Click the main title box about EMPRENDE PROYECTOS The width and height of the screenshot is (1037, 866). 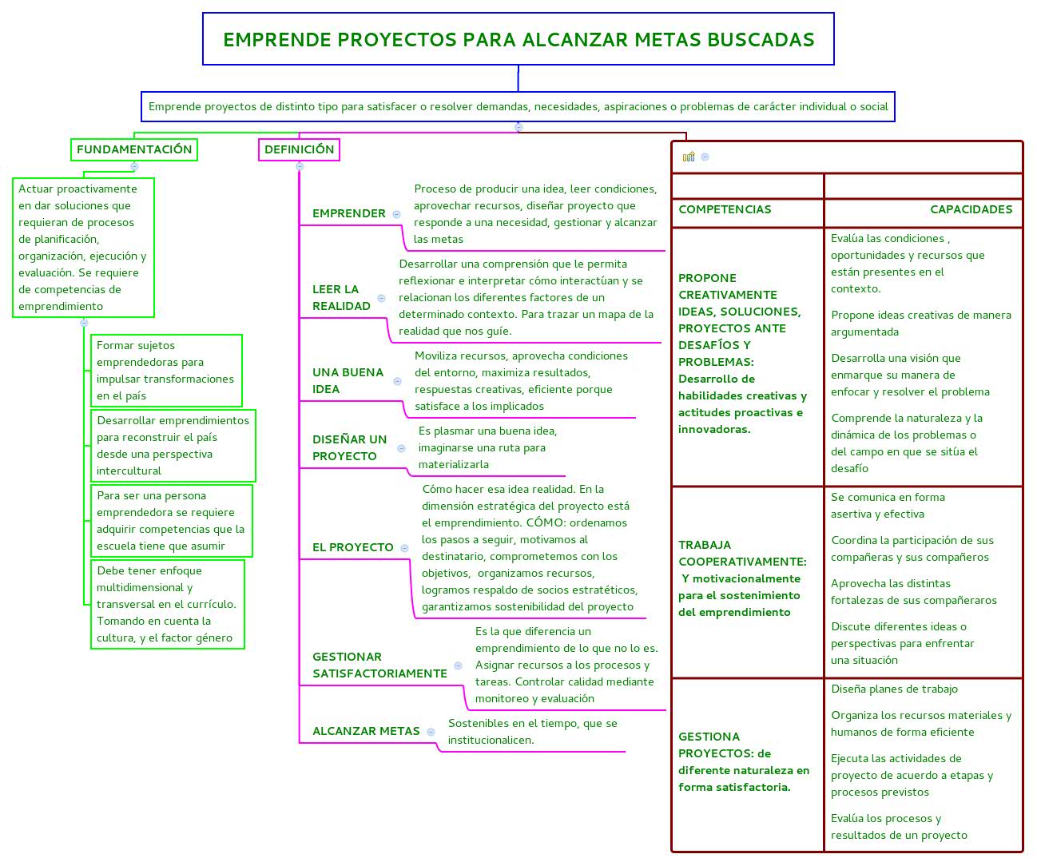[x=518, y=39]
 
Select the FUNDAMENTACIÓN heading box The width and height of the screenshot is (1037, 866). [x=134, y=149]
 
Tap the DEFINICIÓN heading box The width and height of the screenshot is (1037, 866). [x=300, y=149]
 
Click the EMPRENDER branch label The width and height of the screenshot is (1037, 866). [x=349, y=213]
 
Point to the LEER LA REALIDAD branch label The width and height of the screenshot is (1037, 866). [x=341, y=297]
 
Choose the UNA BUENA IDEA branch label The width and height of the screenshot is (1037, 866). [x=348, y=380]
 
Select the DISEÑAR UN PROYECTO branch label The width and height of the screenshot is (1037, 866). [x=349, y=447]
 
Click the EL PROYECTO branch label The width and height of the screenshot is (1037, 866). [x=352, y=547]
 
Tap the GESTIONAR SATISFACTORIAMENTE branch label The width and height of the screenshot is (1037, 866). [x=379, y=665]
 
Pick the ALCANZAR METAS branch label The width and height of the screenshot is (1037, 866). [x=366, y=731]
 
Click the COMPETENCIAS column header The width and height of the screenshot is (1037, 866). [x=725, y=209]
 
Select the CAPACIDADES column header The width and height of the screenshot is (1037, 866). [x=971, y=209]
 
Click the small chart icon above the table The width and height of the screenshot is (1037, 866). [x=689, y=157]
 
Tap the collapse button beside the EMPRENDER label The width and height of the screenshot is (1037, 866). [x=396, y=214]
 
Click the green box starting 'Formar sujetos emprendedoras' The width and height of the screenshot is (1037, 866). [x=166, y=371]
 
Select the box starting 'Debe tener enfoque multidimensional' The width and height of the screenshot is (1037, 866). [x=167, y=604]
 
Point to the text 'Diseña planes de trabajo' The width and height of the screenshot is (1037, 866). [x=894, y=689]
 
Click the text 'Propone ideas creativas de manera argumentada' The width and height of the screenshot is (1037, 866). [x=920, y=324]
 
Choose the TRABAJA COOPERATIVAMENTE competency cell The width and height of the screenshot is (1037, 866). [x=742, y=578]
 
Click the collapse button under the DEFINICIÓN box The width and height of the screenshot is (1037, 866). [x=300, y=166]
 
